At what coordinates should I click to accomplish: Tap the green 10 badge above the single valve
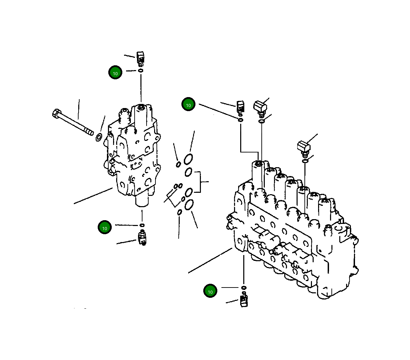115,72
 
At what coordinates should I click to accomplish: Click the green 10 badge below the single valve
105,228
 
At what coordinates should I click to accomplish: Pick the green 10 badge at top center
188,105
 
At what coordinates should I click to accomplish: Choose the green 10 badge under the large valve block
210,291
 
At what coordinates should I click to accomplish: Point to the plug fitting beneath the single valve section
142,237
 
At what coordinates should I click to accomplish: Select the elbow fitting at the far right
303,147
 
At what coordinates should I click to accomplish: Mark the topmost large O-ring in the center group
188,159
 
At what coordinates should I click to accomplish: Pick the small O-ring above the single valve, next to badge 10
140,70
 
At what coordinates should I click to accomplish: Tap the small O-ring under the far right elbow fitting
305,161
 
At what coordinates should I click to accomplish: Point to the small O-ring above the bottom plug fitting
244,287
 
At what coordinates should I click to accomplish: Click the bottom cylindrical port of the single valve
142,200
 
